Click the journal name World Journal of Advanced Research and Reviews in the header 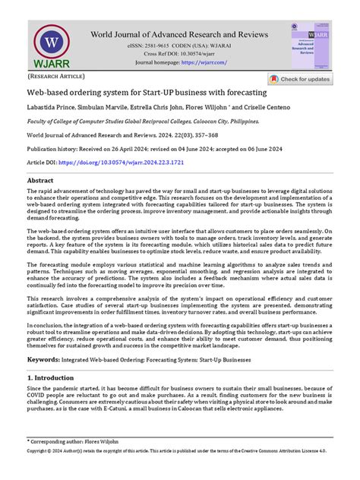(x=179, y=34)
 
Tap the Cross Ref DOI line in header (x=179, y=54)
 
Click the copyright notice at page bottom (x=179, y=472)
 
